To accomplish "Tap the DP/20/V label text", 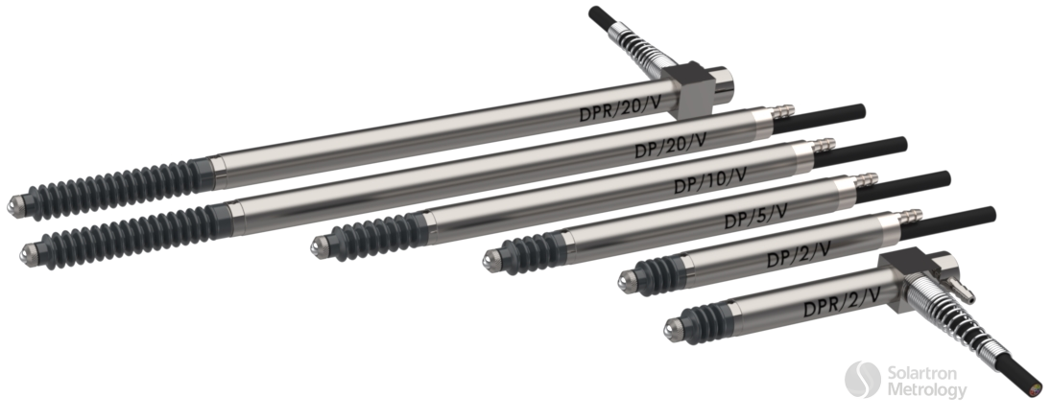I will [671, 146].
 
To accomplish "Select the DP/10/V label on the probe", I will [711, 178].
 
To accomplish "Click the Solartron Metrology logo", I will [906, 380].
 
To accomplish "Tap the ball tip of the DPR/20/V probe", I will [14, 206].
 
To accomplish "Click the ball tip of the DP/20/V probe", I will [28, 251].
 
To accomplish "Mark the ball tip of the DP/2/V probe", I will [625, 281].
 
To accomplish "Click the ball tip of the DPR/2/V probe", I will [669, 329].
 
